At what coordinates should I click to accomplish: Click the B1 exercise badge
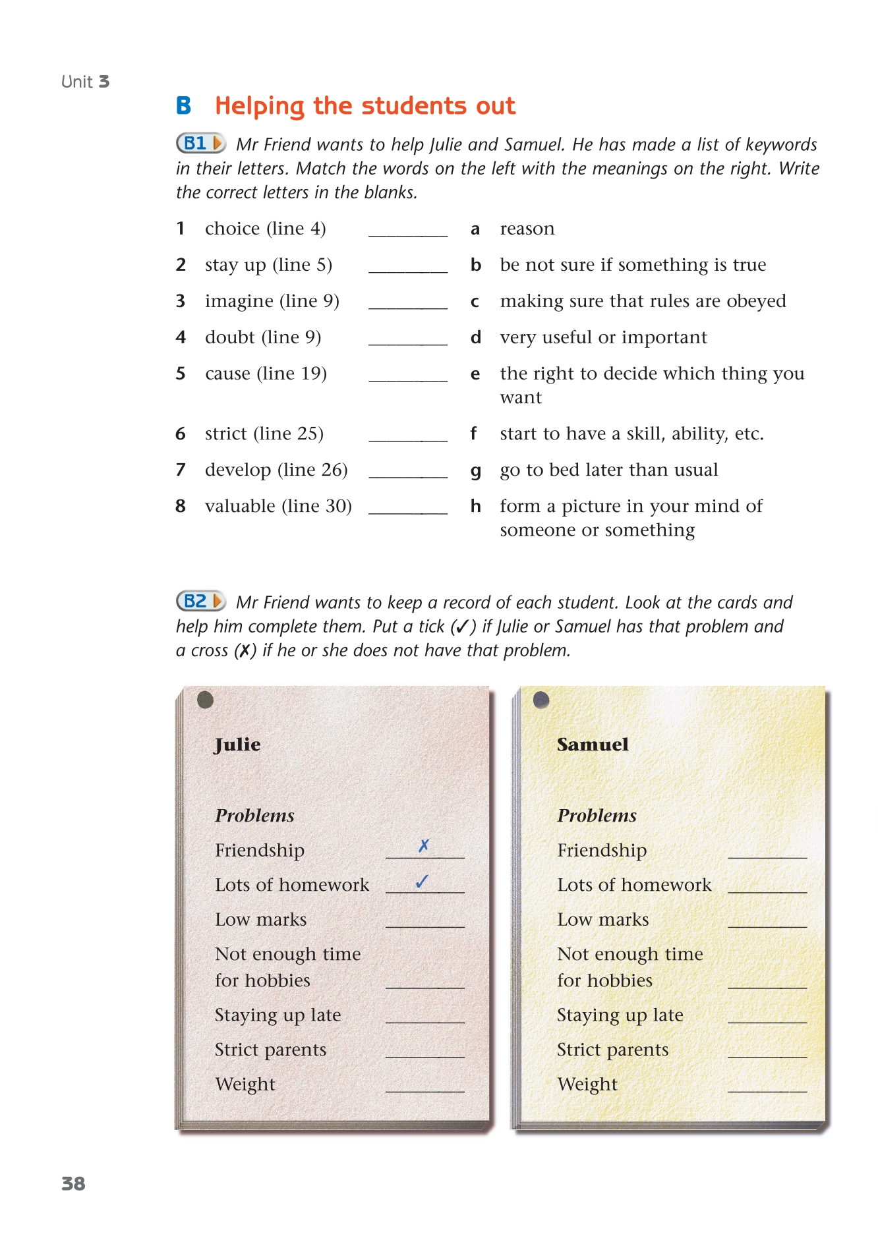pyautogui.click(x=201, y=143)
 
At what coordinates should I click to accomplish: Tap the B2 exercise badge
pyautogui.click(x=201, y=601)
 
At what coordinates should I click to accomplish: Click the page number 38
pyautogui.click(x=73, y=1184)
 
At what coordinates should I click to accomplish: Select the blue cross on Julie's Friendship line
pyautogui.click(x=424, y=845)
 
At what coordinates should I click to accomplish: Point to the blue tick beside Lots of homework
pyautogui.click(x=423, y=881)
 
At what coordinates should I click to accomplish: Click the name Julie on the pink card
pyautogui.click(x=237, y=745)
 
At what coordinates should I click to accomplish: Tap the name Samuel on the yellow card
pyautogui.click(x=593, y=745)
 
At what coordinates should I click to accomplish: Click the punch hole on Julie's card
pyautogui.click(x=205, y=700)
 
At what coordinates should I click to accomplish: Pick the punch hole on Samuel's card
pyautogui.click(x=541, y=700)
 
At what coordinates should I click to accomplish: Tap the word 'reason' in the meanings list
pyautogui.click(x=527, y=229)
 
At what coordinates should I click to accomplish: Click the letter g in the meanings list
pyautogui.click(x=475, y=470)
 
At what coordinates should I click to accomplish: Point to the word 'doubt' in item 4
pyautogui.click(x=229, y=337)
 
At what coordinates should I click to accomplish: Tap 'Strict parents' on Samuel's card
pyautogui.click(x=612, y=1050)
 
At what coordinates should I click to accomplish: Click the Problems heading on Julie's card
pyautogui.click(x=254, y=816)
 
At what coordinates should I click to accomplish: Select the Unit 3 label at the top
pyautogui.click(x=85, y=82)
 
